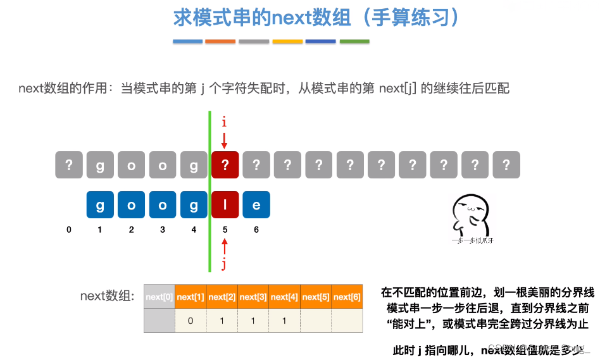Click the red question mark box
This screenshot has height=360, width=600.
225,165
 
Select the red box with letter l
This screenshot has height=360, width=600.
225,205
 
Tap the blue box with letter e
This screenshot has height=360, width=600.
256,205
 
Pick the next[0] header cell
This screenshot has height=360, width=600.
159,297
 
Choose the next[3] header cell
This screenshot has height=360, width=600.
253,297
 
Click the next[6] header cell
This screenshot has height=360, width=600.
347,297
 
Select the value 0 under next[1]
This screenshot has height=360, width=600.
191,321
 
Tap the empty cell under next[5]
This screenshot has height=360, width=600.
316,321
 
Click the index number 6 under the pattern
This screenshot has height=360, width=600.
256,230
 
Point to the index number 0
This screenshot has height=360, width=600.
69,230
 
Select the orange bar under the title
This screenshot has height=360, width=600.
220,42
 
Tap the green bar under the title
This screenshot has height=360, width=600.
354,42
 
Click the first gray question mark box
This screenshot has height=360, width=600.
69,165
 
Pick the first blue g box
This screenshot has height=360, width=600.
100,205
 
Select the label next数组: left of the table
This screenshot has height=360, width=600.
108,296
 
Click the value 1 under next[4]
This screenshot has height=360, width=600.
284,321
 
